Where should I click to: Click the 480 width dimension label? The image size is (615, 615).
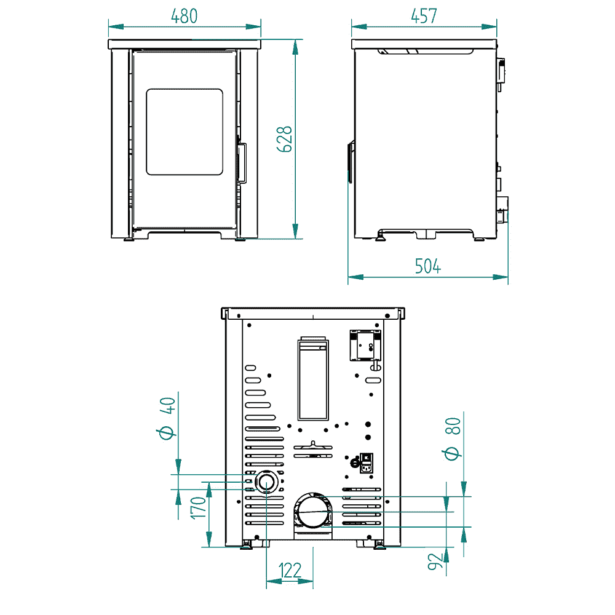(x=184, y=16)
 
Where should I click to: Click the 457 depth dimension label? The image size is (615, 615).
(x=424, y=16)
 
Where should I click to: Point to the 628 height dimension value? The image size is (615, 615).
(x=284, y=139)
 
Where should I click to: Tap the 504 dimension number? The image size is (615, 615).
(x=428, y=266)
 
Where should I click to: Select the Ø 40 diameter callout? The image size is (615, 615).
(x=166, y=418)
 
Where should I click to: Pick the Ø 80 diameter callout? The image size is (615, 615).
(x=452, y=438)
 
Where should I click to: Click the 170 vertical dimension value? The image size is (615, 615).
(x=199, y=508)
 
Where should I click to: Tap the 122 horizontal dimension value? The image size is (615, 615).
(x=290, y=571)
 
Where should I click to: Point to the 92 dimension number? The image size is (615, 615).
(x=435, y=561)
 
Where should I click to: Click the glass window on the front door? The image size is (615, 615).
(x=184, y=132)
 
